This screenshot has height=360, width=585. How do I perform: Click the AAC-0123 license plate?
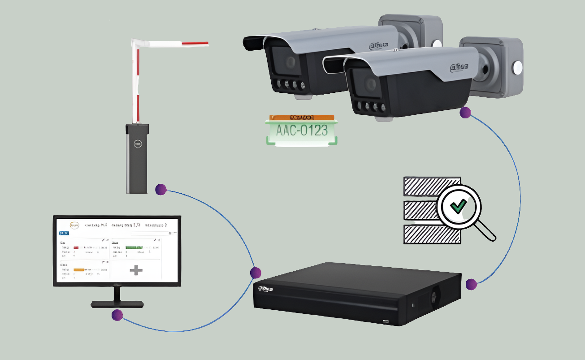(x=301, y=130)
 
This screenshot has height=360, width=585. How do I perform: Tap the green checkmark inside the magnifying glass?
(x=458, y=206)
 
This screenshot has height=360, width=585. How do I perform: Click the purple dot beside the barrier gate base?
(x=161, y=190)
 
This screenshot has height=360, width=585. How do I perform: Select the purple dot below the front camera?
(x=465, y=113)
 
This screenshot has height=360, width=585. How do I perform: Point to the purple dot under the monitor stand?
(x=117, y=315)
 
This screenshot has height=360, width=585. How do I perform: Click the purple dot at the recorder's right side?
(x=471, y=284)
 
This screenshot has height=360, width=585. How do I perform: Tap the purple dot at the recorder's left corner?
(x=256, y=272)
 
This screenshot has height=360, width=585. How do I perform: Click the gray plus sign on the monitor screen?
(x=136, y=270)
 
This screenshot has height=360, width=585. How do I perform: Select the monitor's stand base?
(x=117, y=304)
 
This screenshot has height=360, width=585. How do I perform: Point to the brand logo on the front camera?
(x=459, y=67)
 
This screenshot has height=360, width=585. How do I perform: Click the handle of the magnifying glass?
(x=485, y=231)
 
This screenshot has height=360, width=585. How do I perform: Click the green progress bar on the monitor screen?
(x=134, y=247)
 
